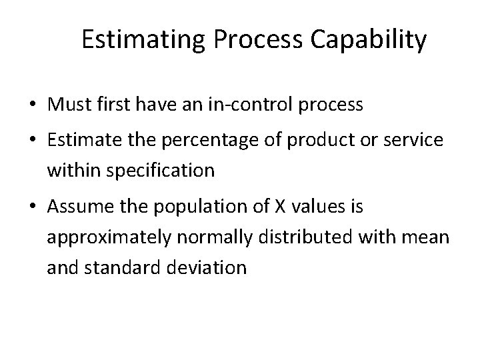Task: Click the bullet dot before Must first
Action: tap(31, 105)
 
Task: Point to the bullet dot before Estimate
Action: tap(31, 142)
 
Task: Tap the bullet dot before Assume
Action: tap(31, 209)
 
